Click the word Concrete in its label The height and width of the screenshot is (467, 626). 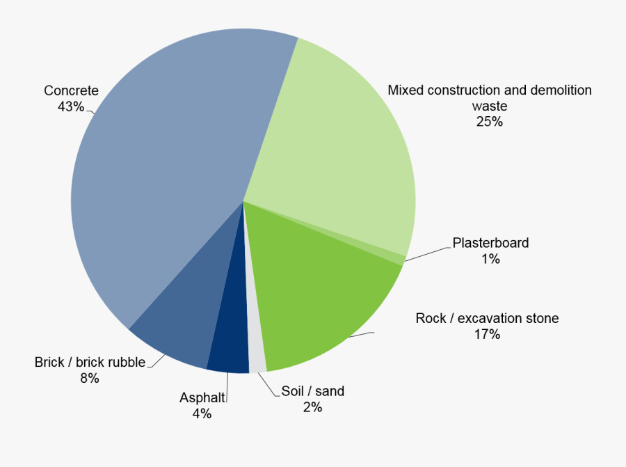click(x=71, y=90)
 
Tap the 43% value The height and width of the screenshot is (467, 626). click(x=71, y=106)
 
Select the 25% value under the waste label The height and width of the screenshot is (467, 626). click(x=490, y=122)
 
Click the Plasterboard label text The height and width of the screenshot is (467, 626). click(x=490, y=243)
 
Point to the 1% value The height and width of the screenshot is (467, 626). click(x=490, y=259)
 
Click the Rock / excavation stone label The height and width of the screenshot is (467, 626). click(x=487, y=319)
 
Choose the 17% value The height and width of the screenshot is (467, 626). click(x=487, y=335)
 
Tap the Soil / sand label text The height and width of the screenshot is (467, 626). click(x=312, y=391)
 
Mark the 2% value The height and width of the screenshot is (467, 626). click(x=312, y=407)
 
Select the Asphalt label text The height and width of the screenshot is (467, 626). click(x=202, y=398)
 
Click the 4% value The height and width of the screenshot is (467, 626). click(x=202, y=414)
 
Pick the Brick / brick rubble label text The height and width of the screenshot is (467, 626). click(x=90, y=362)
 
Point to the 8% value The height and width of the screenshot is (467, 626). click(x=90, y=379)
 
